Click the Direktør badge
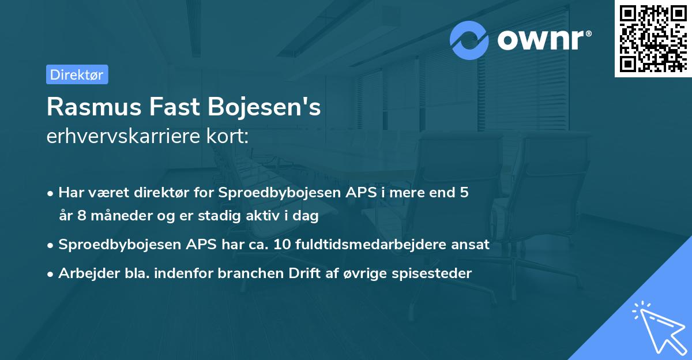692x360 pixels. coord(77,74)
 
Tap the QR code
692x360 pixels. coord(653,38)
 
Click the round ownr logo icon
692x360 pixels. coord(469,40)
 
